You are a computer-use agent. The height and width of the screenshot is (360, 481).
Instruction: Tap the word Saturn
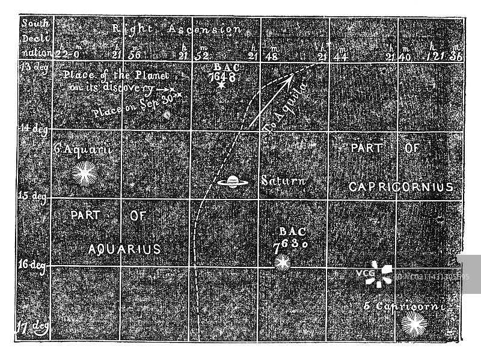click(283, 180)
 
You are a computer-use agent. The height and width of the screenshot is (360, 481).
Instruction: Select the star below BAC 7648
click(221, 87)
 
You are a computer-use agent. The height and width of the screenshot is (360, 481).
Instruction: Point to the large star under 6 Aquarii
click(84, 174)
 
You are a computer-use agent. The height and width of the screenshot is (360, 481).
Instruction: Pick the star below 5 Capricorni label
click(412, 325)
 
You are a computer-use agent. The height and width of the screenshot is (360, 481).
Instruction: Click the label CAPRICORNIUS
click(401, 187)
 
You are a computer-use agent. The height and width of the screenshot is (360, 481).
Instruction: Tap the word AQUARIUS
click(124, 248)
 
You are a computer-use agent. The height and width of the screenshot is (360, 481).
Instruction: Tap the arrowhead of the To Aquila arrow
click(292, 77)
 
